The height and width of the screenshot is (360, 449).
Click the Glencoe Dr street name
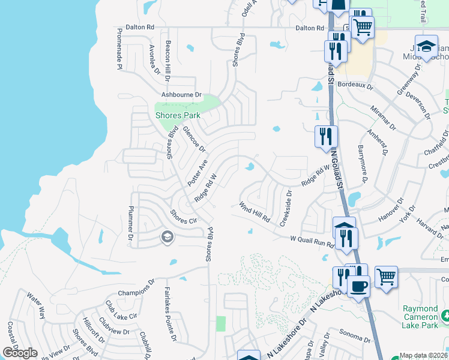pyautogui.click(x=194, y=139)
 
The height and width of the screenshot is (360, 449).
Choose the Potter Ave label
pyautogui.click(x=197, y=172)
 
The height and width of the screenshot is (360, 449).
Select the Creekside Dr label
pyautogui.click(x=286, y=208)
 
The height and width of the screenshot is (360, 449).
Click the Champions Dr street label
pyautogui.click(x=137, y=286)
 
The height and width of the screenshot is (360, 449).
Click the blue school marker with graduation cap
pyautogui.click(x=426, y=47)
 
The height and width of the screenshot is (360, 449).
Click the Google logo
pyautogui.click(x=20, y=353)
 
